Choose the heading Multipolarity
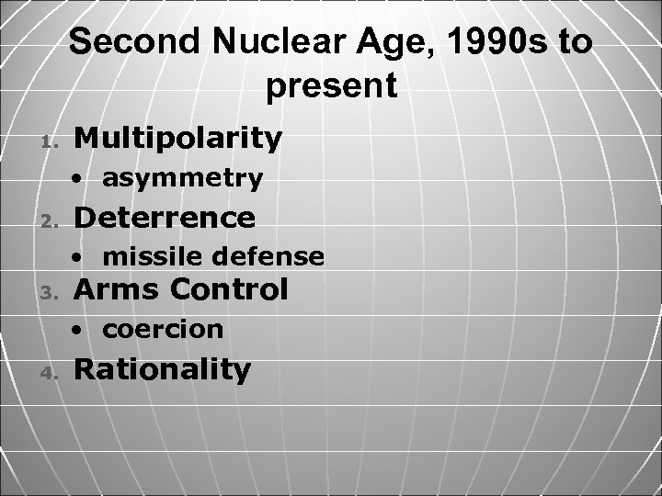(177, 138)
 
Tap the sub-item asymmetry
(182, 178)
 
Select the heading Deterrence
(164, 218)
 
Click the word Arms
(112, 290)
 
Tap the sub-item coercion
(162, 329)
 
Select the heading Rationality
(162, 369)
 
